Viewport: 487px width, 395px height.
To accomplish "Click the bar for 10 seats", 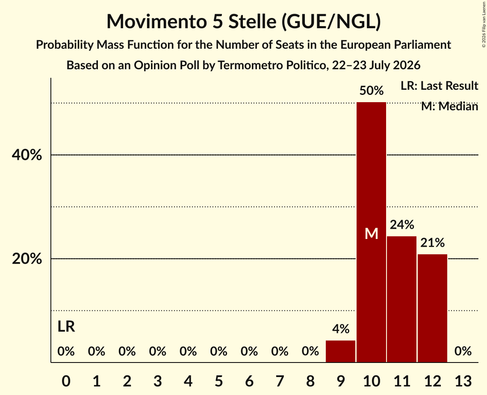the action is tap(371, 232).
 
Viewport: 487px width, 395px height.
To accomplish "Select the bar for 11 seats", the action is tap(401, 299).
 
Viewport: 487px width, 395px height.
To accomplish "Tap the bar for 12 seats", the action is tap(432, 308).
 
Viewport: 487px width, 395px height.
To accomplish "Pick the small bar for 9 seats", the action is tap(340, 351).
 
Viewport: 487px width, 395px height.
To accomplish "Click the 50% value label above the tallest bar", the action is tap(372, 91).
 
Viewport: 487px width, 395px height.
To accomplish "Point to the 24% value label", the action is tap(402, 224).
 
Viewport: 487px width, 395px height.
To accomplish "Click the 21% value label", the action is tap(432, 242).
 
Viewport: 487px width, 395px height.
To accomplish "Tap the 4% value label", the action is tap(341, 329).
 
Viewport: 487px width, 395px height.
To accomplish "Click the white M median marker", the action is tap(372, 233).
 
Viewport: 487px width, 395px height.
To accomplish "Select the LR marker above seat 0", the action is tap(66, 326).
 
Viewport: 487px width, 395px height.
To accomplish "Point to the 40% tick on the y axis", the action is tap(27, 155).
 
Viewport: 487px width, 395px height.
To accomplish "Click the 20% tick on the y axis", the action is tap(27, 259).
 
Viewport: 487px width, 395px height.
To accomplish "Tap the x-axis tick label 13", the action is tap(463, 381).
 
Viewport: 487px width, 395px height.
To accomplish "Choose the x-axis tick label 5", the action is tap(218, 381).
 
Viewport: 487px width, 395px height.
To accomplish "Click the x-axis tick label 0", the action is tap(66, 381).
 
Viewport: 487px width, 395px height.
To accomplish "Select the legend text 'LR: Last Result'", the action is tap(439, 85).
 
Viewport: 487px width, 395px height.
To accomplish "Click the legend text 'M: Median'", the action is tap(449, 106).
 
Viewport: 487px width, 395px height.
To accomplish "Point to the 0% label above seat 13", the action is tap(463, 351).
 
